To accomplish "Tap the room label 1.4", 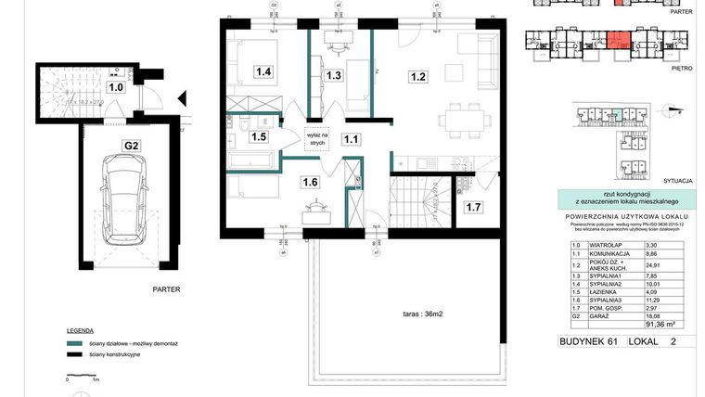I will [263, 70].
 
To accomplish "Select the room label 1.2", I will [418, 78].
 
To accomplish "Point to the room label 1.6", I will [310, 183].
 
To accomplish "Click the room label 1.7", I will [473, 207].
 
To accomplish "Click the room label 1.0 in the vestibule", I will [116, 88].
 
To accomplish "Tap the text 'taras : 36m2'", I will [416, 314].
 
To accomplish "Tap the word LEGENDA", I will [79, 330].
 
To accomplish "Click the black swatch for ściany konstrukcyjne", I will [74, 354].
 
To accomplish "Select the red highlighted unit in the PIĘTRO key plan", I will [616, 41].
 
